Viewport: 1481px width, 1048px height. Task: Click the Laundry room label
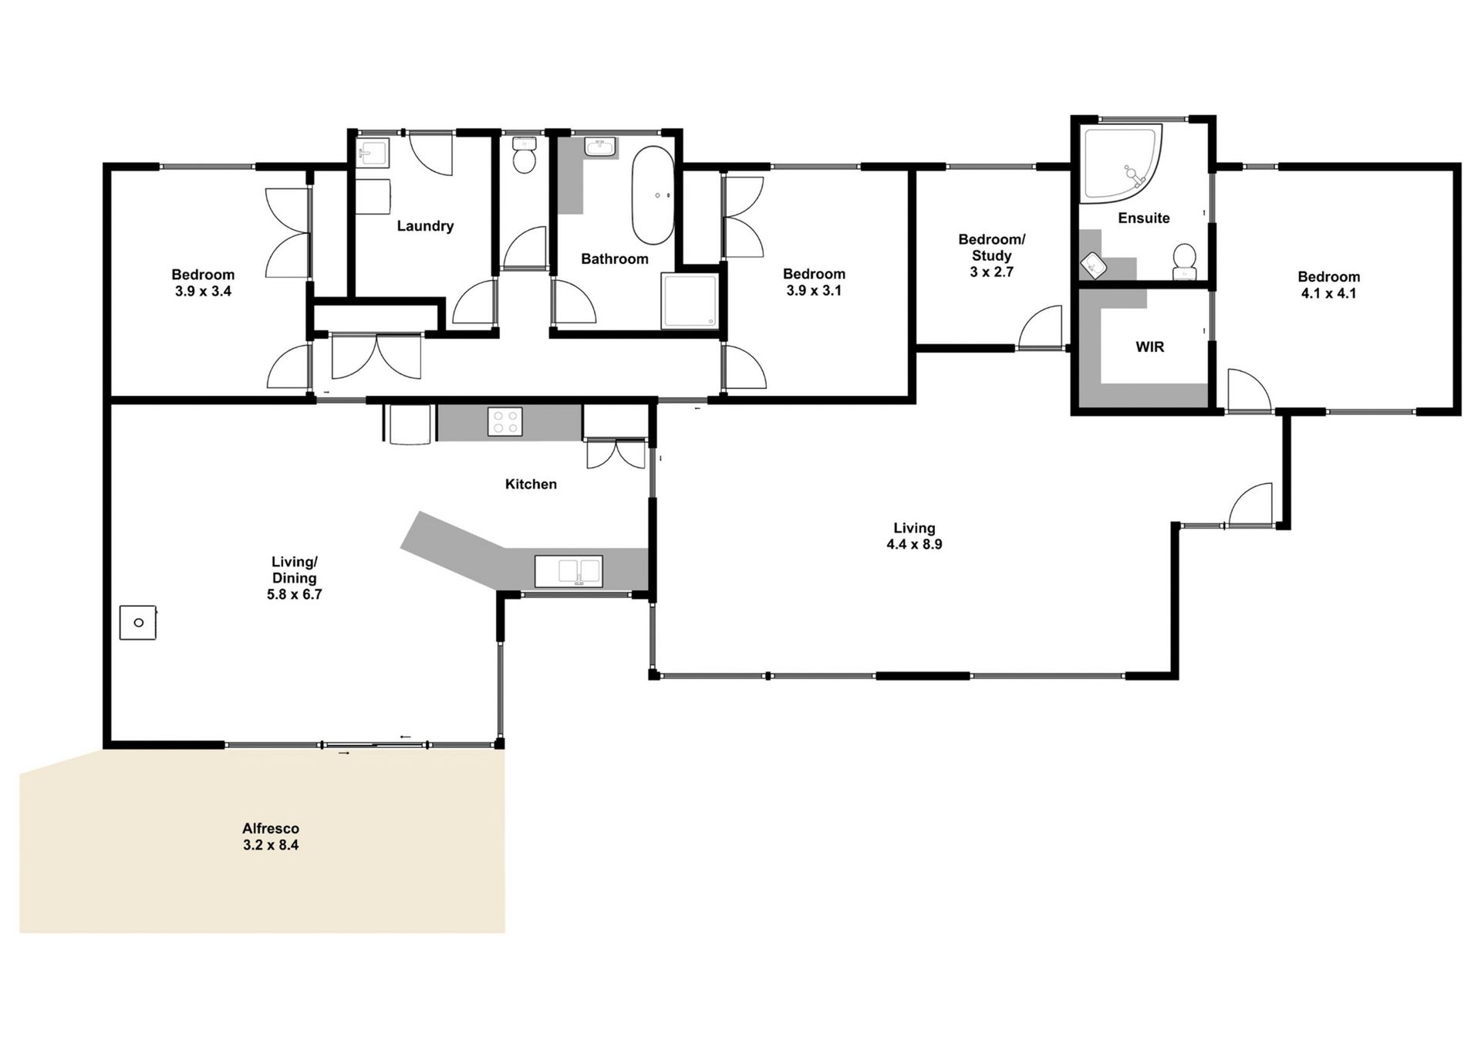pos(425,226)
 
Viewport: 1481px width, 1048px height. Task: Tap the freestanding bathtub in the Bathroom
pos(653,195)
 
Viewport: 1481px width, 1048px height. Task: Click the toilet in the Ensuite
pos(1184,261)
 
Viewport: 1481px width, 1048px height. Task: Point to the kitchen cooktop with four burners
pos(505,421)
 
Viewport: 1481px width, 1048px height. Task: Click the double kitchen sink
pos(568,572)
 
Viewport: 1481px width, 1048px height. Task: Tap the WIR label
pos(1149,347)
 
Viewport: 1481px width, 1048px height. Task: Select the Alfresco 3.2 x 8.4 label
pos(271,837)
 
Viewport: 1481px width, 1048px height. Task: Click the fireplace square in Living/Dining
pos(138,622)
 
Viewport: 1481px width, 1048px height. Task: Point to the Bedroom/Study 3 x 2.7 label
pos(991,255)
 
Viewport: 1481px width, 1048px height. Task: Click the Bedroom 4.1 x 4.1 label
pos(1328,285)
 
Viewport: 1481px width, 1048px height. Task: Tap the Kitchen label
pos(531,485)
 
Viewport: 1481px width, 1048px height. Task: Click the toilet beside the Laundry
pos(525,157)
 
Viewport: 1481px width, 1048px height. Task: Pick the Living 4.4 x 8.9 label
pos(914,536)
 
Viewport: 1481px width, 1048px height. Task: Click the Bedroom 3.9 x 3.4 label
pos(203,283)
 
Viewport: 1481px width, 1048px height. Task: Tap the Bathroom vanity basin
pos(599,147)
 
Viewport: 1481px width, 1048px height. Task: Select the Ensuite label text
pos(1144,218)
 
